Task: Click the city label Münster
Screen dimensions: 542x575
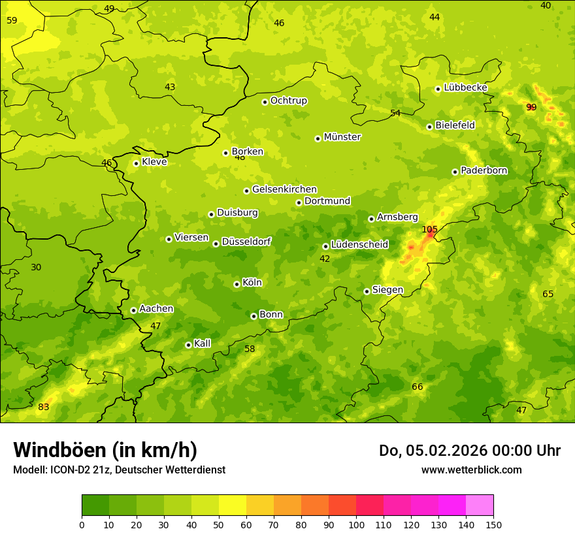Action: coord(342,137)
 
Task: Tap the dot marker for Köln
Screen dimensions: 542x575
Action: coord(237,284)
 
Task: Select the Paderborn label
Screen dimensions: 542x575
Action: coord(484,170)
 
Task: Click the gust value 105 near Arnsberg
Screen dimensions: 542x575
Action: coord(429,229)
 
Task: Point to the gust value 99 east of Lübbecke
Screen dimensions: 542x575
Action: coord(531,107)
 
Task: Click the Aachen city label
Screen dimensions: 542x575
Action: coord(156,309)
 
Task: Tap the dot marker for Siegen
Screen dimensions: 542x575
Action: coord(367,291)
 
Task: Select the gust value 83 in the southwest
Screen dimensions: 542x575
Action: coord(44,407)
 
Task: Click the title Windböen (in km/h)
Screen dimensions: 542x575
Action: coord(105,450)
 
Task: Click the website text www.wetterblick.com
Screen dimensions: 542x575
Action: coord(471,470)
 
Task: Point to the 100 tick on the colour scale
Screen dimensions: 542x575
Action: coord(356,524)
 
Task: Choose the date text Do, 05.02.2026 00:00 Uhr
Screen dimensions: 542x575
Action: coord(470,451)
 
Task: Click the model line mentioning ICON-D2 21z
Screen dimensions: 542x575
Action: coord(119,470)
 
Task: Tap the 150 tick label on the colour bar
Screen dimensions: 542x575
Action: coord(493,524)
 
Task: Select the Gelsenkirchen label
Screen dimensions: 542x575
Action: coord(284,189)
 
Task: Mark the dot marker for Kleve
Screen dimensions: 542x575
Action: coord(136,163)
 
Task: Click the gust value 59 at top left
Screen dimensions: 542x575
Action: coord(12,20)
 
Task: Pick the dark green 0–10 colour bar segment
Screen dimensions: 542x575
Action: coord(95,505)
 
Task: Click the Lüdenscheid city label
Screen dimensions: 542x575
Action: coord(359,245)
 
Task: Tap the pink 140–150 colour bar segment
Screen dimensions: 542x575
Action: coord(480,505)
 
